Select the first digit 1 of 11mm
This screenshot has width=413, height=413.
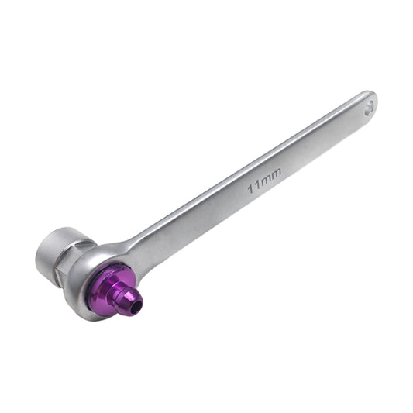point(251,188)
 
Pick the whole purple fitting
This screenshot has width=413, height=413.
point(116,289)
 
